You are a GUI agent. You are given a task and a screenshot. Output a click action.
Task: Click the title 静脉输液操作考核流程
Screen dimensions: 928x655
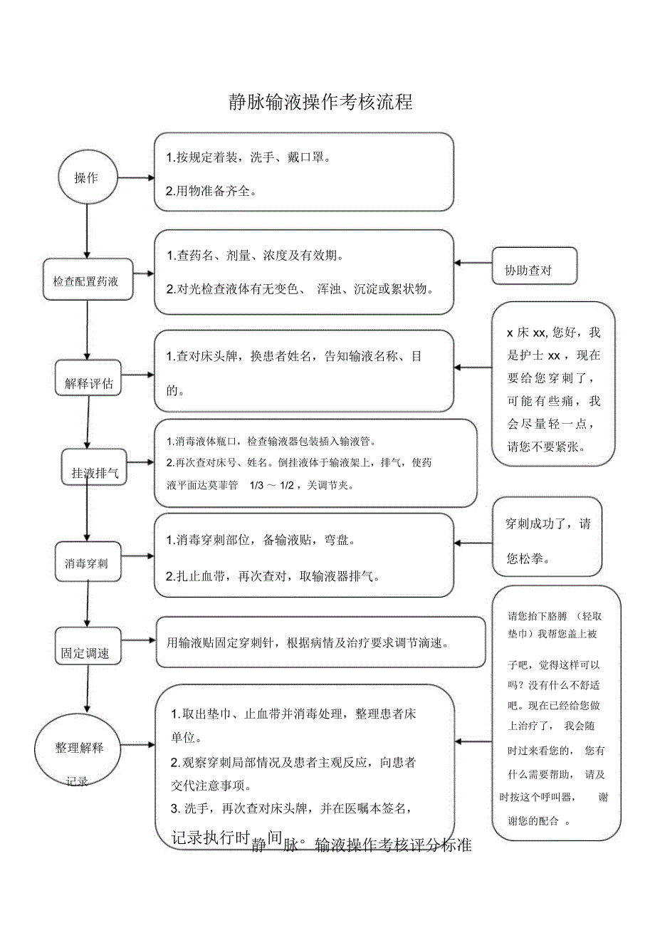click(x=320, y=102)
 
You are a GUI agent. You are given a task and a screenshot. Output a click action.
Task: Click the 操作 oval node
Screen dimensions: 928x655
click(x=86, y=177)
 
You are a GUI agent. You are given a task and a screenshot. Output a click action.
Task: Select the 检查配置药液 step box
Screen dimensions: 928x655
click(x=87, y=280)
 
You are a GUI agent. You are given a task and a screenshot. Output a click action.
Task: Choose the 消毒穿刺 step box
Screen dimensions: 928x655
click(x=87, y=563)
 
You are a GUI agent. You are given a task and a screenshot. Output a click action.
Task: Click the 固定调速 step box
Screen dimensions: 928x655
click(x=85, y=652)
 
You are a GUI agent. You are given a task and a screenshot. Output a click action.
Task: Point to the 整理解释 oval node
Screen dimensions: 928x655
click(x=80, y=749)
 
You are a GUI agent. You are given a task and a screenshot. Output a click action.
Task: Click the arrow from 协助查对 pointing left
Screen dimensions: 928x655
click(x=473, y=264)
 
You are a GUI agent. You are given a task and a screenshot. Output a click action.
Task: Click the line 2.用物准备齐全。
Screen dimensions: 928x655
click(x=211, y=192)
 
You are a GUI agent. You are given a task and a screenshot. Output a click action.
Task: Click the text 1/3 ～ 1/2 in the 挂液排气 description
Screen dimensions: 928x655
click(x=276, y=486)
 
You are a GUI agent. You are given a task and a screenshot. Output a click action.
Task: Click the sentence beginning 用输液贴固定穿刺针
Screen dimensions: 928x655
click(x=307, y=643)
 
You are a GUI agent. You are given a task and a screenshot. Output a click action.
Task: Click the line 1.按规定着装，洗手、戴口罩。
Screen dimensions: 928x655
click(x=248, y=157)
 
